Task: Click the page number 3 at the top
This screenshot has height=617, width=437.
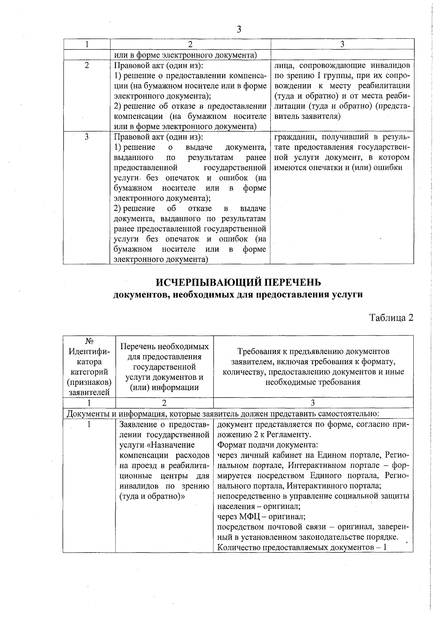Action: (x=239, y=29)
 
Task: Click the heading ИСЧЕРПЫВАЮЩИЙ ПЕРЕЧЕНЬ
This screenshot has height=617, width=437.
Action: (x=239, y=282)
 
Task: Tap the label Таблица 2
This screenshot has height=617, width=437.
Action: (x=391, y=317)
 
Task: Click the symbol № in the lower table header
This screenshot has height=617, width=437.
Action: (x=89, y=341)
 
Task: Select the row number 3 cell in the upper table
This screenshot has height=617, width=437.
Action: (x=87, y=137)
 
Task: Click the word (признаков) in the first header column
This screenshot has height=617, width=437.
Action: (x=89, y=382)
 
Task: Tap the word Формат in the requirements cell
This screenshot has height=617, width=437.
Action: (x=230, y=445)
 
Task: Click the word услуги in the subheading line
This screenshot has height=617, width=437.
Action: (x=348, y=294)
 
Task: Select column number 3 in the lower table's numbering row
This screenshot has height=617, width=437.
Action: (x=313, y=403)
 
